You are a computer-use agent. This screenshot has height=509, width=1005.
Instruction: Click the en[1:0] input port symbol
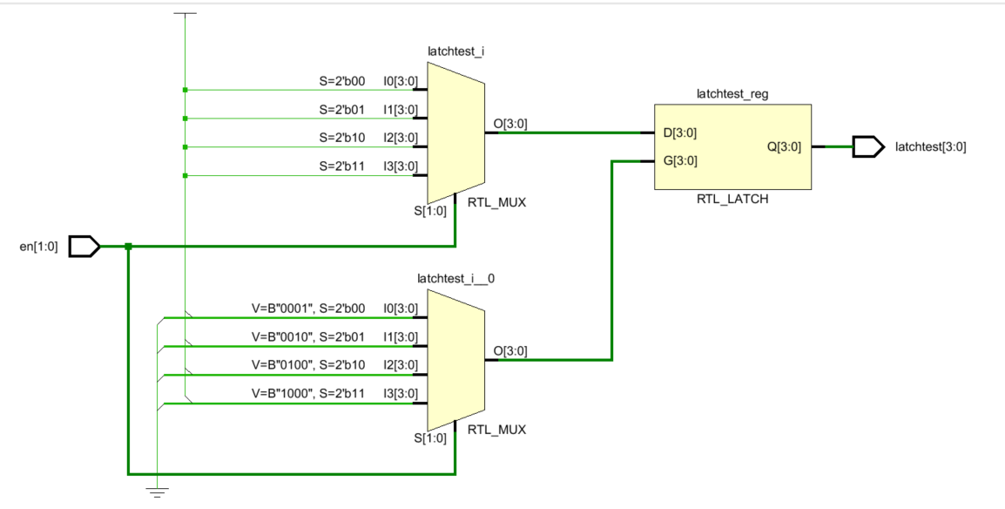tap(84, 246)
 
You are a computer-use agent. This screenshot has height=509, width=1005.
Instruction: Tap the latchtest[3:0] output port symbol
tap(868, 146)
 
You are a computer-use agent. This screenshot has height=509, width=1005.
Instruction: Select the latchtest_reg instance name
tap(732, 94)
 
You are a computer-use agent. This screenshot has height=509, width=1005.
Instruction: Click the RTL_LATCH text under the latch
tap(732, 200)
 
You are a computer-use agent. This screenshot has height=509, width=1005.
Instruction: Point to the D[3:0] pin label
tap(679, 132)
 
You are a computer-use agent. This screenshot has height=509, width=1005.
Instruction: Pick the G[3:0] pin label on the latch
tap(680, 161)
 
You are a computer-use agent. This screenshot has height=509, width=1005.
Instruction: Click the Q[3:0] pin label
tap(784, 146)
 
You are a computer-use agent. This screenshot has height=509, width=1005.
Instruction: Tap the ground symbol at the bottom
tap(157, 492)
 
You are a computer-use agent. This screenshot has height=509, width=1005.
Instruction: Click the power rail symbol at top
tap(185, 14)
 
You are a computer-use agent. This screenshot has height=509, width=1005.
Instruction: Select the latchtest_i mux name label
tap(455, 51)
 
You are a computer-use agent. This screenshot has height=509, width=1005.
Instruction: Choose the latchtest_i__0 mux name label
tap(455, 279)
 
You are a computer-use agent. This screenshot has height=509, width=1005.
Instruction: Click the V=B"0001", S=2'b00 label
tap(308, 309)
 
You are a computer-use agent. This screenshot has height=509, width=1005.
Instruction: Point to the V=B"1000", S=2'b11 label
tap(308, 394)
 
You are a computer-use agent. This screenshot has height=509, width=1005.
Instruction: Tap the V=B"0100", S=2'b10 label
tap(308, 365)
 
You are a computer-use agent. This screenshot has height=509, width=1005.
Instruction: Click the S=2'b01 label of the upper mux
tap(342, 110)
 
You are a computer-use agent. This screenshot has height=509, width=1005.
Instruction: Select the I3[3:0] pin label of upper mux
tap(401, 166)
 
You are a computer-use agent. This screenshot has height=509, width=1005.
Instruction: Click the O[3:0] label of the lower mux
tap(510, 351)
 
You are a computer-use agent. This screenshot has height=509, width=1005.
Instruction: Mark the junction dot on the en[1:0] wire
tap(128, 246)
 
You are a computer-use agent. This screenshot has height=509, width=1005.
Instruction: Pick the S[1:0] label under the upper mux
tap(430, 211)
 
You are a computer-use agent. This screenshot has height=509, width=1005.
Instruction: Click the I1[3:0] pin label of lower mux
tap(401, 337)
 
